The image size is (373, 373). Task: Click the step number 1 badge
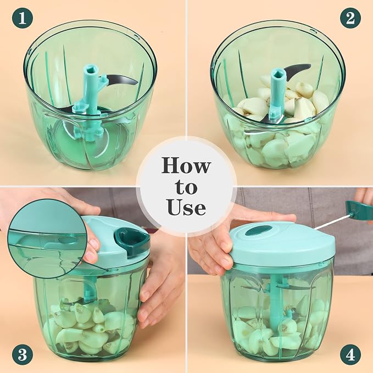(x=23, y=18)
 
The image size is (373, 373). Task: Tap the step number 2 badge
(x=350, y=18)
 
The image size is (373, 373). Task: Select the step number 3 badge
(x=23, y=355)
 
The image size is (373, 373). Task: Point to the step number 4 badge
(x=350, y=355)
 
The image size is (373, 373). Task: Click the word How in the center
(x=186, y=165)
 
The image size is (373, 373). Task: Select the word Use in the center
(x=186, y=207)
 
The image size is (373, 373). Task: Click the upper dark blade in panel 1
(x=121, y=80)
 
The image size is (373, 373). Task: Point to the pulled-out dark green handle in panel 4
(x=359, y=210)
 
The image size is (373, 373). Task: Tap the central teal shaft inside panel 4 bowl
(x=275, y=307)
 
